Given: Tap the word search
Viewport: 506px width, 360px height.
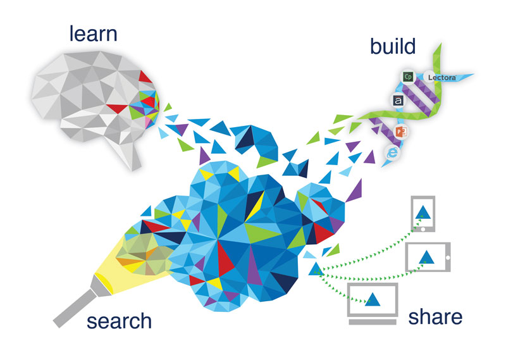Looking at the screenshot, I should [120, 320].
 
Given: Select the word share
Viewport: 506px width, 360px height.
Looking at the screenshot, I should [435, 316].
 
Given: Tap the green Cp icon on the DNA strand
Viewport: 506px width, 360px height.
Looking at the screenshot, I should [408, 77].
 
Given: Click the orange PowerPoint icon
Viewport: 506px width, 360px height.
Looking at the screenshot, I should [400, 132].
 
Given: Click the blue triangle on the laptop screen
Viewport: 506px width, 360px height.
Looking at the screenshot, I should [373, 299].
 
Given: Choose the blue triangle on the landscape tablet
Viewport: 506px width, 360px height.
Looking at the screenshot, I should [426, 257].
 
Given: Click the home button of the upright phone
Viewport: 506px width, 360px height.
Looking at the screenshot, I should [421, 231].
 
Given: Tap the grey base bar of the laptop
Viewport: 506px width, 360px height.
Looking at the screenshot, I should [373, 321].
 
